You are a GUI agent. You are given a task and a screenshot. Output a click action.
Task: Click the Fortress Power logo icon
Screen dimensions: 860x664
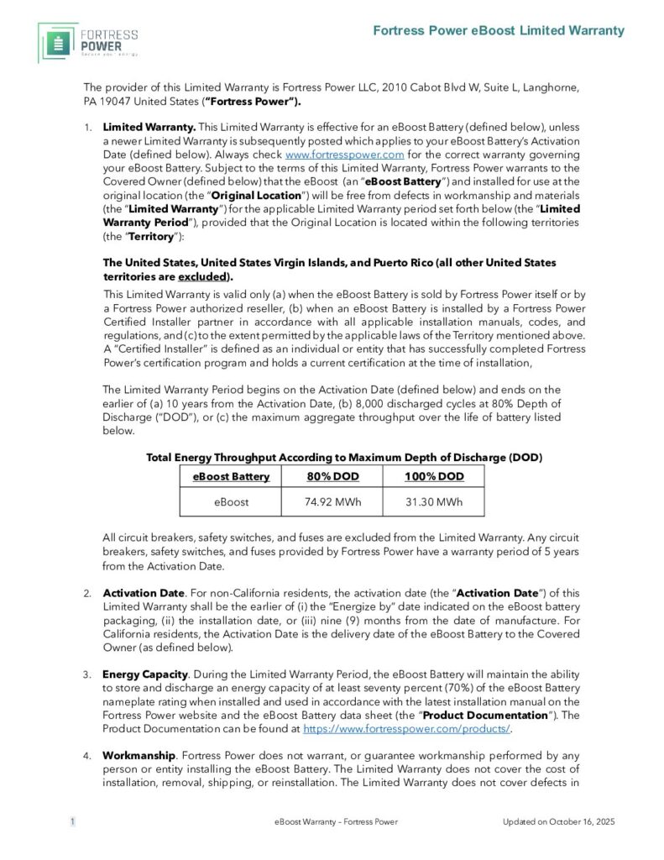click(x=58, y=43)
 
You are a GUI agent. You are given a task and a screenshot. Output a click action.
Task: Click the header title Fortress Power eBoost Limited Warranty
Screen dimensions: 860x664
click(x=499, y=30)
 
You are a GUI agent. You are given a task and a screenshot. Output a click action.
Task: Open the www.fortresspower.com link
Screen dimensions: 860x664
click(x=333, y=155)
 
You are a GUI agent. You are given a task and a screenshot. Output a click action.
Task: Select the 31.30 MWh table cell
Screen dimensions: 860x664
click(x=433, y=502)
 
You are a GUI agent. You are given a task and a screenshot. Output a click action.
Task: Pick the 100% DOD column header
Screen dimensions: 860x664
click(x=433, y=476)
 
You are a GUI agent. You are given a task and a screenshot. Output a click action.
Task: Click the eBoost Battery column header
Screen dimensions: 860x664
click(x=232, y=476)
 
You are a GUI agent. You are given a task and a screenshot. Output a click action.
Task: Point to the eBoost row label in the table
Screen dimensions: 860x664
click(x=232, y=502)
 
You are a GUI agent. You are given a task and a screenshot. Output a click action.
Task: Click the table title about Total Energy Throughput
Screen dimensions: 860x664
click(x=344, y=457)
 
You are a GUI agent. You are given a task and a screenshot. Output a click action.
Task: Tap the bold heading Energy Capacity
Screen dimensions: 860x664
click(x=144, y=674)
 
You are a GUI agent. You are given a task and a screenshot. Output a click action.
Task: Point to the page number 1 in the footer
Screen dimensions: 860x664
click(x=72, y=821)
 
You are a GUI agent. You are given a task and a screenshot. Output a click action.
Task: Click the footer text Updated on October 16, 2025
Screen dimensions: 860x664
click(x=558, y=821)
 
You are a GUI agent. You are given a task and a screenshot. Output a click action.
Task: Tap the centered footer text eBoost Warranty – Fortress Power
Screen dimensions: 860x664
click(x=336, y=821)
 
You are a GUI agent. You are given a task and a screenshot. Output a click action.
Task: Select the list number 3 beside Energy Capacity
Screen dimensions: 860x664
click(x=87, y=674)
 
